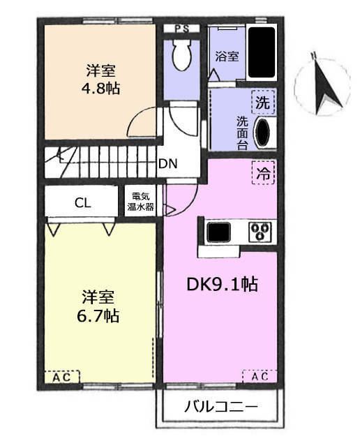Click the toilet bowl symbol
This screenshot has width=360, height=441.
pos(182,55)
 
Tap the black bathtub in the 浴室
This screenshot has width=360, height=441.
pos(262,52)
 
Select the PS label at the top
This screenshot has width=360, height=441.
pos(182,29)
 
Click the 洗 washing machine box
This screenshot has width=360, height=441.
pos(263,103)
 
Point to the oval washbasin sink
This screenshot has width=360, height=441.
pos(263,132)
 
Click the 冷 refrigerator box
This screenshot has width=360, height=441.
pos(263,172)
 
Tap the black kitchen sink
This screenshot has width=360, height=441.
pos(218,232)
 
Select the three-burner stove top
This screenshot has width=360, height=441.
pos(260,232)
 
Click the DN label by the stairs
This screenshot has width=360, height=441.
pos(168,164)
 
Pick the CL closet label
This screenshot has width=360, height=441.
pos(83,202)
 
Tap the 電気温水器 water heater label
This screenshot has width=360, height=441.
pos(141,202)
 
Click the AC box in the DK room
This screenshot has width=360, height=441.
pos(260,376)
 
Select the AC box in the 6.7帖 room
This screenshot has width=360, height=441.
pos(62,377)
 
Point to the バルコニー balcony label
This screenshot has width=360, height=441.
pos(220,406)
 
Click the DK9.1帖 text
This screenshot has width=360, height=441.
pos(222,284)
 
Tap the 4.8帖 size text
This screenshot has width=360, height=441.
pos(100,89)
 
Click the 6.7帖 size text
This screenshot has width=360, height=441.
pos(98,315)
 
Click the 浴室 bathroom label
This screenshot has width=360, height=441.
pos(227,57)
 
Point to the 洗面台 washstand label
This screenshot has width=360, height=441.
pos(242,133)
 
